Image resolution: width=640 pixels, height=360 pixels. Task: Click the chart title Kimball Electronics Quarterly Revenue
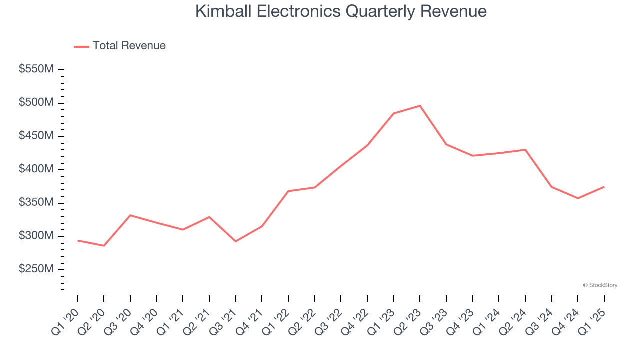click(341, 11)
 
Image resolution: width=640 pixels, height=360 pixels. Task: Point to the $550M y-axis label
click(36, 69)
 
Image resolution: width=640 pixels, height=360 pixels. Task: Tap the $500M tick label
click(36, 103)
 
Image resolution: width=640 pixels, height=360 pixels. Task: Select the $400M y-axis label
click(36, 169)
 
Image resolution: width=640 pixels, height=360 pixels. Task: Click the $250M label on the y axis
click(36, 269)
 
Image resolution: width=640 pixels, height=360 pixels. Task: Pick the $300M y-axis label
click(36, 236)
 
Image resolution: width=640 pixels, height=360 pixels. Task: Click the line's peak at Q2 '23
click(420, 106)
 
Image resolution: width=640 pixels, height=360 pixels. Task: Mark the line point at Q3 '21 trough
click(236, 241)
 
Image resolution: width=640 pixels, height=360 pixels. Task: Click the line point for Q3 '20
click(130, 215)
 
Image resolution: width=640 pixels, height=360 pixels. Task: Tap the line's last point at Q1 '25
click(604, 187)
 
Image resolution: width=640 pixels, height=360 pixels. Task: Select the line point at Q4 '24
click(578, 198)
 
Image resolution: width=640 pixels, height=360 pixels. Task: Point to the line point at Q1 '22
click(288, 191)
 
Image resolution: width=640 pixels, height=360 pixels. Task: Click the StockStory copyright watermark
click(600, 285)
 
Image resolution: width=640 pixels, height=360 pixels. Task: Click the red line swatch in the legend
click(81, 46)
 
